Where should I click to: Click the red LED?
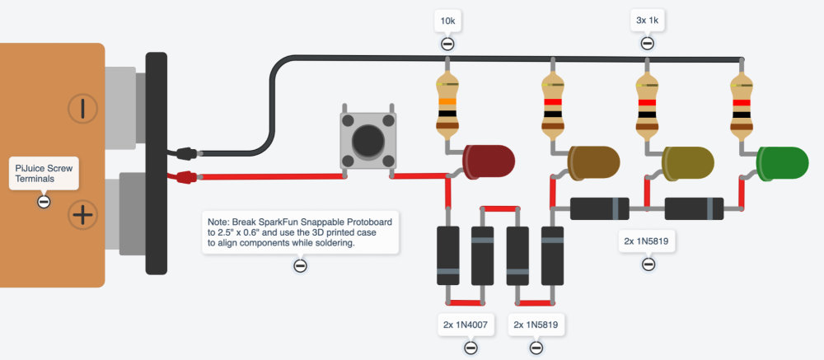488,161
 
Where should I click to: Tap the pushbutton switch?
368,141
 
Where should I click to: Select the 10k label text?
447,20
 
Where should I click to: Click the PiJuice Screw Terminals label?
44,174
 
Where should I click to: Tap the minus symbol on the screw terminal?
82,109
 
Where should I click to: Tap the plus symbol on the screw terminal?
82,216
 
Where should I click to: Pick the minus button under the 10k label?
447,44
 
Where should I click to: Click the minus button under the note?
300,265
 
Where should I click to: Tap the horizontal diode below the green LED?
694,208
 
